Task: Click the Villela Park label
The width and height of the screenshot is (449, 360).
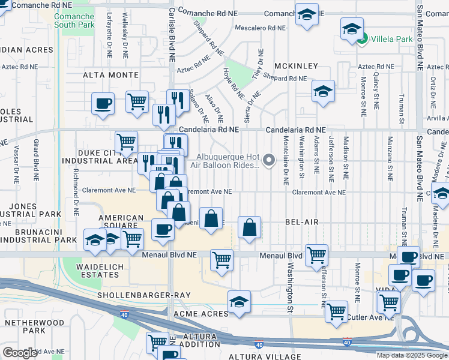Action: click(x=392, y=39)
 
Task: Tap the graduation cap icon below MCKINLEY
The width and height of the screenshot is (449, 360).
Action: click(x=323, y=92)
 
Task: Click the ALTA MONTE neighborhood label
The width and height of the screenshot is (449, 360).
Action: click(x=110, y=75)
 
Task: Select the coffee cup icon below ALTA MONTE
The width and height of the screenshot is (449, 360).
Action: click(x=103, y=103)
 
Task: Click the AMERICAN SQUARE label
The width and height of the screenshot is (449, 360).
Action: click(x=121, y=223)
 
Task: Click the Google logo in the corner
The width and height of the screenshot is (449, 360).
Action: click(x=20, y=352)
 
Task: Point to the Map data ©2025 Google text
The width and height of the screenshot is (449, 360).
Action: click(x=411, y=355)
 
